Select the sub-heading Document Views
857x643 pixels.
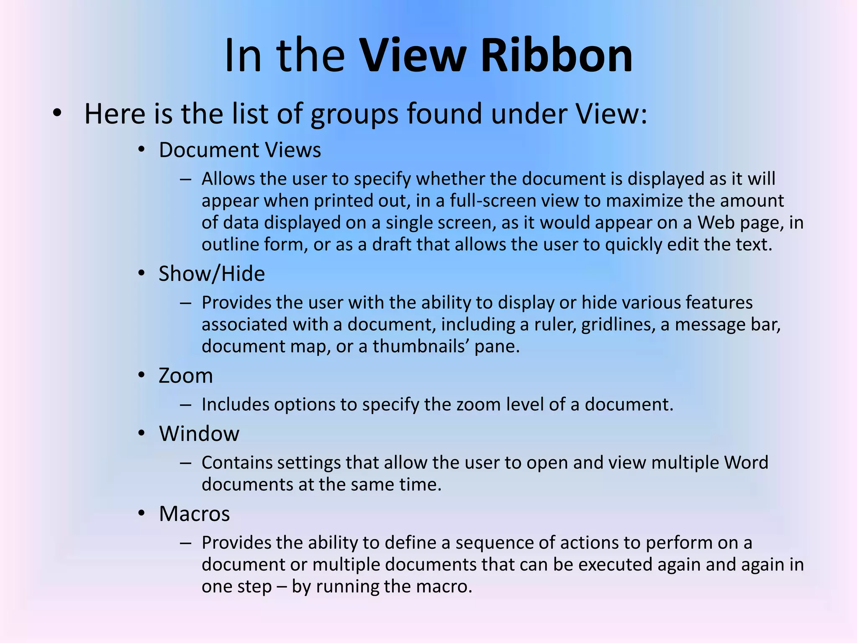point(240,150)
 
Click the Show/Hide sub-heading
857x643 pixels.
point(212,274)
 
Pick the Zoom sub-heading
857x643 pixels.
point(186,376)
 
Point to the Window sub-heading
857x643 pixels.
point(199,434)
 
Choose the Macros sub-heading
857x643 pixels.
point(195,514)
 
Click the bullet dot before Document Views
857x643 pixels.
point(141,150)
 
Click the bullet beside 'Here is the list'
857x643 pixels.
point(57,113)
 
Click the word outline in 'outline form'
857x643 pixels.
point(230,244)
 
